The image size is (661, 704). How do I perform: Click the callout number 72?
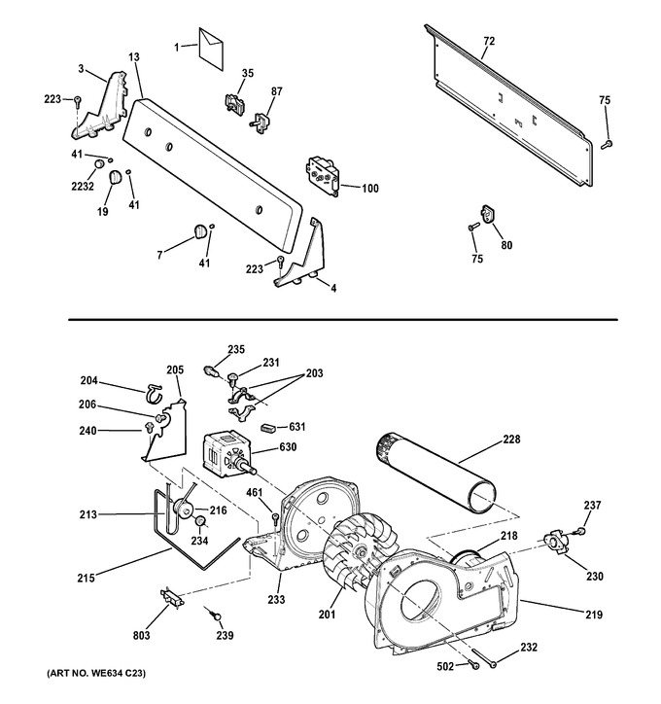[x=489, y=41]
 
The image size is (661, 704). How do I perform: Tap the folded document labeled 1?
[x=211, y=49]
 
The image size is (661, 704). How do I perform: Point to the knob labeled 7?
[x=200, y=230]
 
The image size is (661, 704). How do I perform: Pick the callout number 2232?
[x=83, y=186]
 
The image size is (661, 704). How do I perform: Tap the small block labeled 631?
[x=268, y=428]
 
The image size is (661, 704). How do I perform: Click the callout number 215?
[x=86, y=578]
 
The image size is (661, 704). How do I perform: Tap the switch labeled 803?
[x=172, y=598]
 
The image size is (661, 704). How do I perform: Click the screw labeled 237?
[x=580, y=531]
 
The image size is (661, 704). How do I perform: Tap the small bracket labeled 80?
[x=488, y=213]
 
